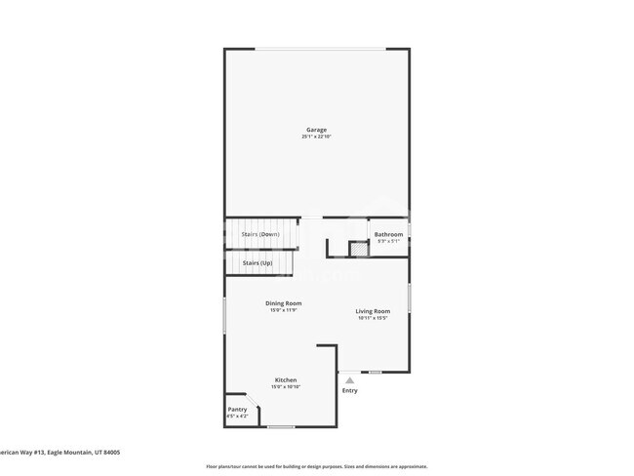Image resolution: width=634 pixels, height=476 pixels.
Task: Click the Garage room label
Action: coord(316,130)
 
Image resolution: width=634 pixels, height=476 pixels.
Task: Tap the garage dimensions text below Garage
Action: coord(316,137)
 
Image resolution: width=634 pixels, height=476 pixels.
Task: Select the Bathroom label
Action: coord(388,234)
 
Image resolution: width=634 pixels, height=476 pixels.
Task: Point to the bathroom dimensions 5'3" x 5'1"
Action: coord(388,241)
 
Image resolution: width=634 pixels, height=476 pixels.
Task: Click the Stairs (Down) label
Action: coord(260,234)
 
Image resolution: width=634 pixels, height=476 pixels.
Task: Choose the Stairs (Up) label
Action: coord(258,262)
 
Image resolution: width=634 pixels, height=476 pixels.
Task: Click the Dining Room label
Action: coord(284,303)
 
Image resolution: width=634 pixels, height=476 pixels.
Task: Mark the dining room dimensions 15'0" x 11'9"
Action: coord(284,310)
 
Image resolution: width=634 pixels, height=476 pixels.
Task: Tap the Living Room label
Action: coord(373,311)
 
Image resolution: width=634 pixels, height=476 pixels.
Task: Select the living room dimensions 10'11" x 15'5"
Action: coord(373,318)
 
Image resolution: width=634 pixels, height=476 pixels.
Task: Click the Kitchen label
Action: coord(286,379)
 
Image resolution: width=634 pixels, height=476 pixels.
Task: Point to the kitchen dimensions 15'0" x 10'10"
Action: coord(286,386)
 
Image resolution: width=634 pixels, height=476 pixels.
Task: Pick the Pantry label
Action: coord(237,409)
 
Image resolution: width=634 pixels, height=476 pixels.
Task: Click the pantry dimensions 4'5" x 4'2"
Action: coord(237,416)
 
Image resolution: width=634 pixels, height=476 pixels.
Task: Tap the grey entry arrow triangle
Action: coord(349,380)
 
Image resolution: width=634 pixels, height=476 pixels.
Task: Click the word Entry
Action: coord(349,391)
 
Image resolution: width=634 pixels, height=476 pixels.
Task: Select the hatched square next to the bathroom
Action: coord(358,250)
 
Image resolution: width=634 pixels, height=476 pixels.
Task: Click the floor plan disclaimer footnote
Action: coord(316,466)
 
